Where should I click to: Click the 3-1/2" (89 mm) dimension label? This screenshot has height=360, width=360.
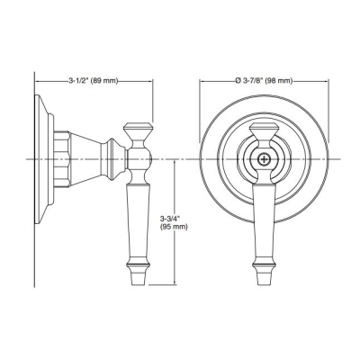(91, 81)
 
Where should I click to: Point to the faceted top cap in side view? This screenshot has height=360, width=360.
(138, 128)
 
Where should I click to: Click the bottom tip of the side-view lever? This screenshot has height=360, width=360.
(138, 283)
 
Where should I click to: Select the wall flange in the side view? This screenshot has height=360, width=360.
(41, 159)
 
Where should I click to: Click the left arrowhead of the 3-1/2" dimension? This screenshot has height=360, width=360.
(39, 81)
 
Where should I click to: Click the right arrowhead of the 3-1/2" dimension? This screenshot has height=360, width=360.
(147, 81)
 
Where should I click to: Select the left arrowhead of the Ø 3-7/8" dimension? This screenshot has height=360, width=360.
(202, 81)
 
